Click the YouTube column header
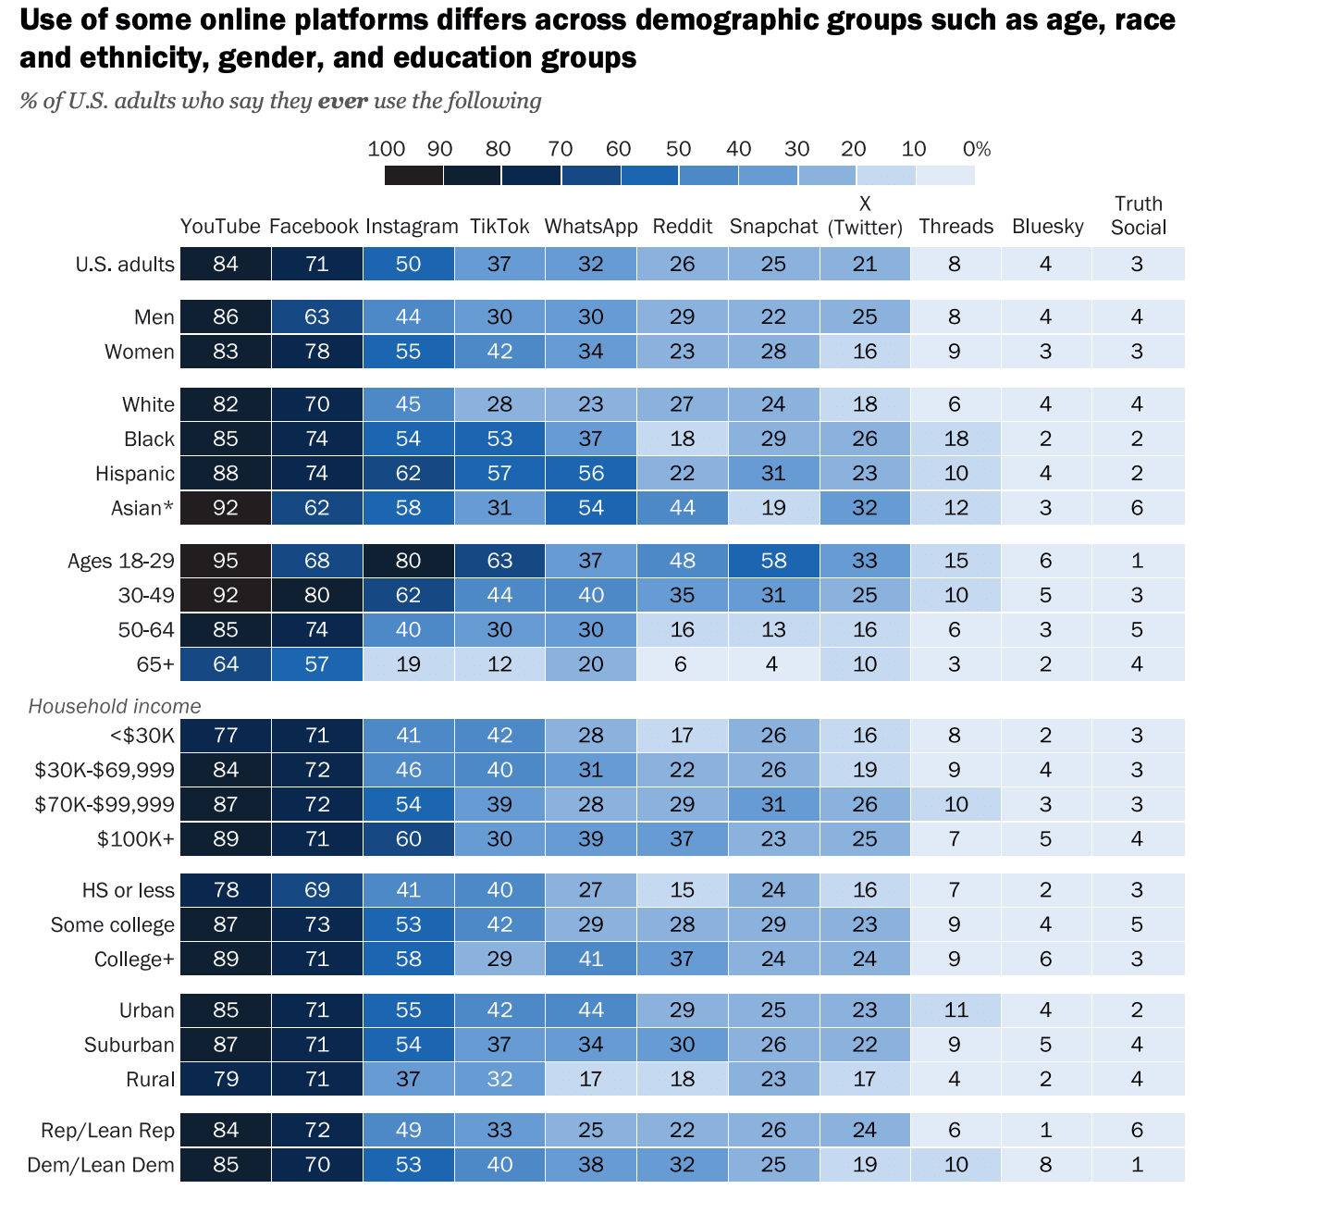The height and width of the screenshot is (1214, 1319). [220, 227]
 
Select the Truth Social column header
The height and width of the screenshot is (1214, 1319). [1139, 216]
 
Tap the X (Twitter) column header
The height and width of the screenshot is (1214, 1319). [865, 216]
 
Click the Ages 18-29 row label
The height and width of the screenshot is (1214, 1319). [120, 561]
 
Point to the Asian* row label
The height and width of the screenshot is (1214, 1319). [142, 508]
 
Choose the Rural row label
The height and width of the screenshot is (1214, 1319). [150, 1080]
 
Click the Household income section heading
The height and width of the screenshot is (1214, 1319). [115, 707]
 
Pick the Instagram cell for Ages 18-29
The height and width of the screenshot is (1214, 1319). [408, 561]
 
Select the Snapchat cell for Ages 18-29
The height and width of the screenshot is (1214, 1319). [773, 561]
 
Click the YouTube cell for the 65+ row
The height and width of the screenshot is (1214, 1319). [226, 664]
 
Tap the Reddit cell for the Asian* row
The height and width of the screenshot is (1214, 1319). [682, 508]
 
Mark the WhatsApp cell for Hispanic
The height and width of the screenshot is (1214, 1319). [590, 474]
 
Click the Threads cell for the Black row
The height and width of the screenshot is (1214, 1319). [955, 439]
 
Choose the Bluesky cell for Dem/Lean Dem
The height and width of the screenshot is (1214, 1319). [1045, 1165]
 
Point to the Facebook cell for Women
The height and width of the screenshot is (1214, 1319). [316, 352]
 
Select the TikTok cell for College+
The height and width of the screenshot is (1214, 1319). [499, 960]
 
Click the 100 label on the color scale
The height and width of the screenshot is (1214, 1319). [387, 149]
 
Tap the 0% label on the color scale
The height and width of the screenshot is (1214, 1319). [977, 149]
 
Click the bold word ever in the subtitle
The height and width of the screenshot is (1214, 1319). [343, 101]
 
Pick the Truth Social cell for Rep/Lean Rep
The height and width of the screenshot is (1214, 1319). [1137, 1130]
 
